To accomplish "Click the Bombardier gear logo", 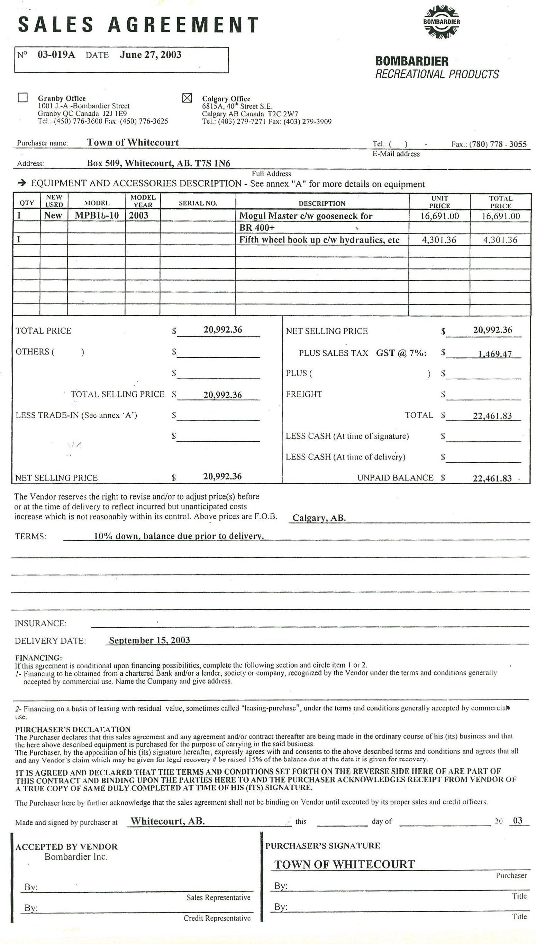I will click(x=442, y=22).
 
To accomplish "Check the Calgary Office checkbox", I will click(x=188, y=98).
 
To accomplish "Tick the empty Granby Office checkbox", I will click(x=23, y=97).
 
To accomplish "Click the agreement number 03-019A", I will click(x=56, y=55).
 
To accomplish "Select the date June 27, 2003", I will click(x=150, y=55).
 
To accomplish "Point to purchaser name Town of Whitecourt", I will click(x=133, y=143).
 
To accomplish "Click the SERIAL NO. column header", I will click(x=198, y=203).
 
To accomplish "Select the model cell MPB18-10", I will click(x=97, y=215).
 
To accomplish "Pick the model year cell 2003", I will click(x=138, y=215).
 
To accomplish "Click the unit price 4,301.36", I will click(x=439, y=240).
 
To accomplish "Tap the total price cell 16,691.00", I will click(x=501, y=216).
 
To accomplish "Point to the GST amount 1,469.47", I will click(x=495, y=354).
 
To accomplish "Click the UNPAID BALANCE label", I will click(x=395, y=477).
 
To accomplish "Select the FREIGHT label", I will click(x=304, y=394).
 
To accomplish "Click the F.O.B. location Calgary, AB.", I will click(x=319, y=518).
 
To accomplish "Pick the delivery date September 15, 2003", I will click(x=149, y=640).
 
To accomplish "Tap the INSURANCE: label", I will click(x=40, y=623).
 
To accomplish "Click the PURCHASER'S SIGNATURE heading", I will click(x=322, y=846).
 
